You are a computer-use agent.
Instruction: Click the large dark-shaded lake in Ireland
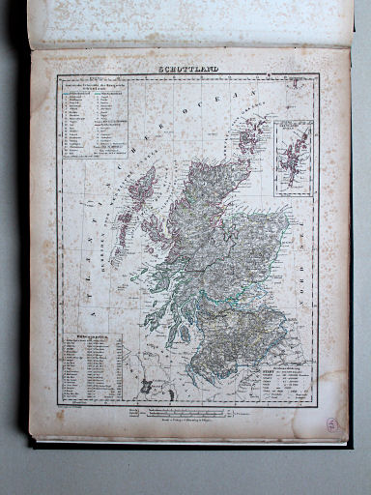[146, 386]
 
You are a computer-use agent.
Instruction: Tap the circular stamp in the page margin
[331, 423]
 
